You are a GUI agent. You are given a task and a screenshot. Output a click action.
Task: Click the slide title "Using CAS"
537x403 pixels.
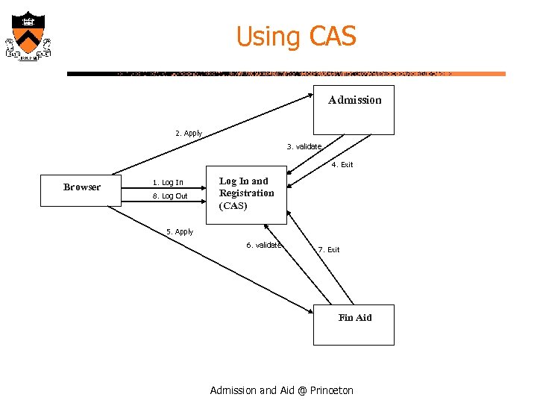(x=296, y=36)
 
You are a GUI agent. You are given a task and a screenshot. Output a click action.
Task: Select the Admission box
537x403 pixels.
(x=354, y=111)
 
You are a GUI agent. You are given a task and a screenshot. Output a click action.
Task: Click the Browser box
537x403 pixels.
(x=82, y=187)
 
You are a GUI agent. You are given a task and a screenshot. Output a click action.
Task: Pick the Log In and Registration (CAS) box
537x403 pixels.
(x=246, y=194)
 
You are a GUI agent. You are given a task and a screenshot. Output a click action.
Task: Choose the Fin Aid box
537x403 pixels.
(x=354, y=325)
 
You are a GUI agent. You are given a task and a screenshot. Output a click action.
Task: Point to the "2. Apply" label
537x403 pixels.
(x=189, y=134)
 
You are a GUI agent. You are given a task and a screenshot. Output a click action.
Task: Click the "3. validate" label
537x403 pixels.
(x=304, y=146)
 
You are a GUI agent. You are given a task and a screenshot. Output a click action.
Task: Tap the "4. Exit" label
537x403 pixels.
(x=342, y=165)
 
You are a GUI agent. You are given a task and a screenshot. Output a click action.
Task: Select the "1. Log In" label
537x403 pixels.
(x=168, y=183)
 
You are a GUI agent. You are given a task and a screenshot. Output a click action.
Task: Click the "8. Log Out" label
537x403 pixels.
(x=169, y=196)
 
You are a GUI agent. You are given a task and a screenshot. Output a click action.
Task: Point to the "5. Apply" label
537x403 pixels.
(x=180, y=232)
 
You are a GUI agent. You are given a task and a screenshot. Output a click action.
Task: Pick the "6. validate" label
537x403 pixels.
(x=264, y=246)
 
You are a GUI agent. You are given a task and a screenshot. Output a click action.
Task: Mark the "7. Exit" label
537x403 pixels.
(x=329, y=250)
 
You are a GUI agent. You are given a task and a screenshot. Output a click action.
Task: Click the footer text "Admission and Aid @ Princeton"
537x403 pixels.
(x=282, y=390)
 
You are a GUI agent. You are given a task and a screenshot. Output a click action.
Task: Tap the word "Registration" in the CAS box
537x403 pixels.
(x=247, y=193)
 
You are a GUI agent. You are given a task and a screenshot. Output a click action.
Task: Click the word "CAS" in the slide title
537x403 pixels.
(x=331, y=36)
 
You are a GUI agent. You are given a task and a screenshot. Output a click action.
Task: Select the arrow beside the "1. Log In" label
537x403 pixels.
(x=196, y=188)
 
